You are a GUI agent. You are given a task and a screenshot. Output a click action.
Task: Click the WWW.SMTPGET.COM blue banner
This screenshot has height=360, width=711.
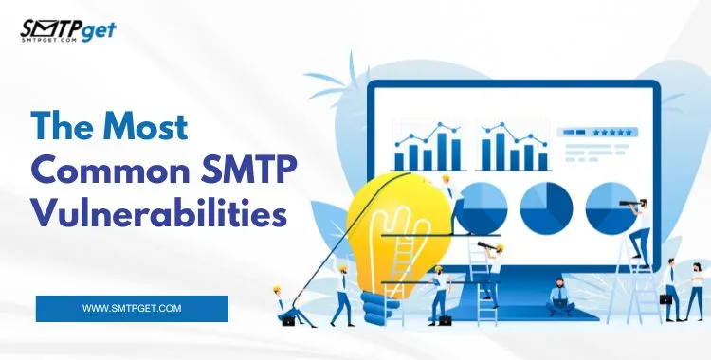click(132, 309)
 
